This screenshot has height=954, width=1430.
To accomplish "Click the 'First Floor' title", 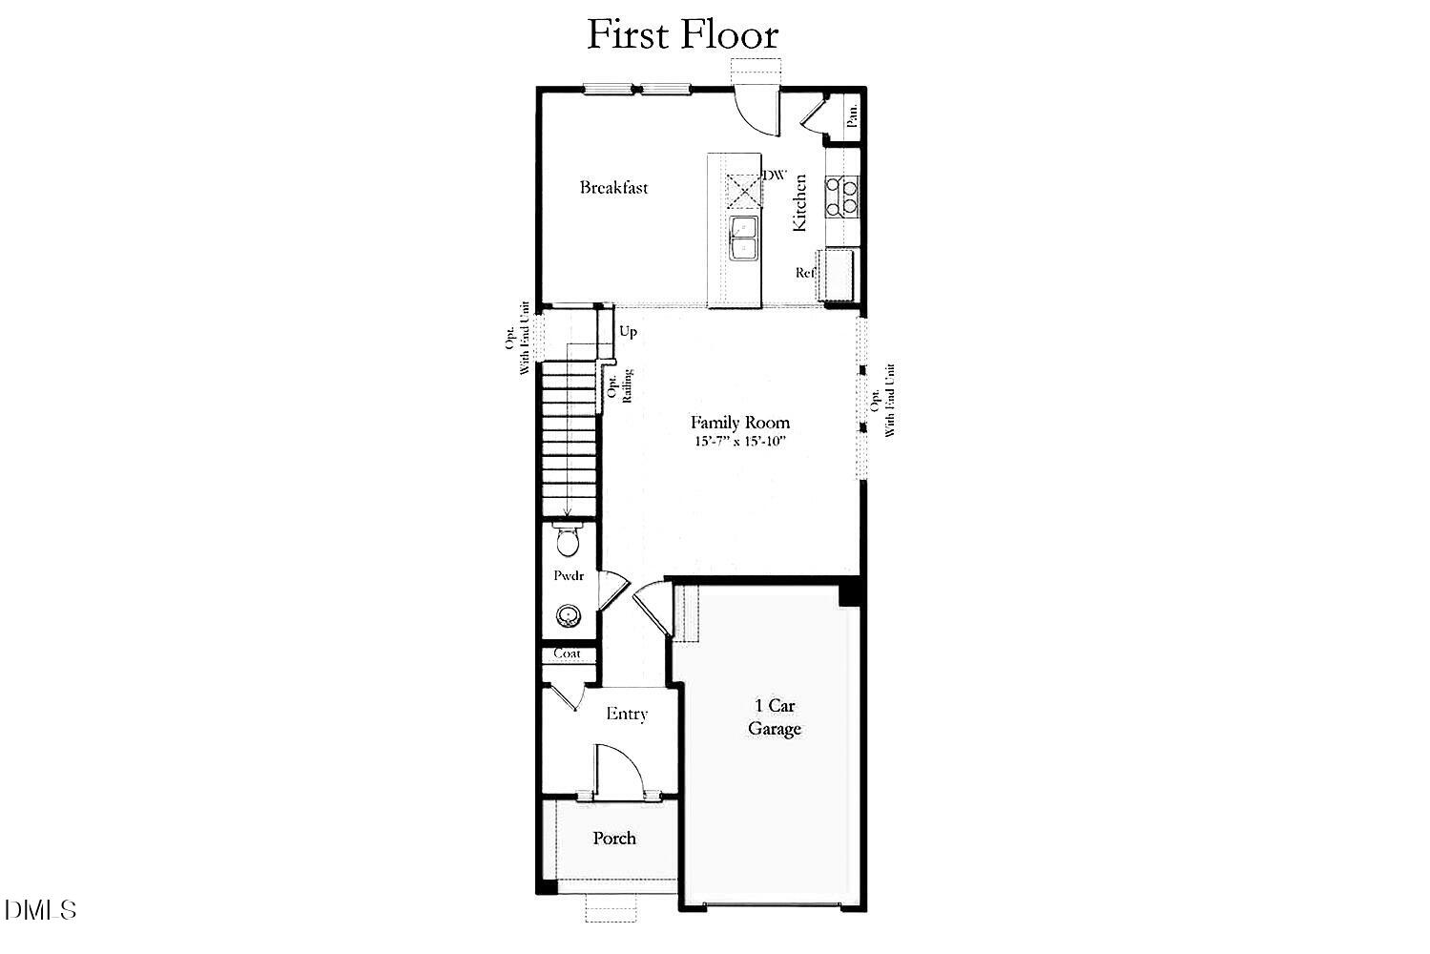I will click(x=682, y=34).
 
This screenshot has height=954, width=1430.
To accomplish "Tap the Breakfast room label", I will click(x=613, y=188).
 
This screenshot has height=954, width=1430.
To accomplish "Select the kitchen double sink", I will click(x=743, y=237).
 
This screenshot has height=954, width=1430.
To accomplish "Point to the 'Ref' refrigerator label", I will click(x=806, y=273).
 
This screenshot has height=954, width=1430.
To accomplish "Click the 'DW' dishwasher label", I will click(x=775, y=176).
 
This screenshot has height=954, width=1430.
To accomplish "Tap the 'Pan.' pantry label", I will click(x=852, y=116).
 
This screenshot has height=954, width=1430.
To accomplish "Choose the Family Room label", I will click(x=740, y=422).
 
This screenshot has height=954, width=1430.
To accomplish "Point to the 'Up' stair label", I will click(x=628, y=332).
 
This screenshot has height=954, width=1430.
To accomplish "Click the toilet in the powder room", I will click(x=567, y=540).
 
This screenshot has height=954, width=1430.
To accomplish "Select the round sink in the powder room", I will click(x=570, y=615).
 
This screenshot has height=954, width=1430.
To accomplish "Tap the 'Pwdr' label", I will click(x=569, y=576).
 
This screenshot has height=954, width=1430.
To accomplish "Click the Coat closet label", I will click(x=568, y=654).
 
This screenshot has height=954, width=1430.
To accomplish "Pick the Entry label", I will click(x=627, y=714).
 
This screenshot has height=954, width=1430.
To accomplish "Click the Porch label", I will click(x=614, y=839).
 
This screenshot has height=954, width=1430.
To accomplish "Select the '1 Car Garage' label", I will click(x=774, y=717).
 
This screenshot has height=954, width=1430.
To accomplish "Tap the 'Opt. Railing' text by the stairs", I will click(x=619, y=385).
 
